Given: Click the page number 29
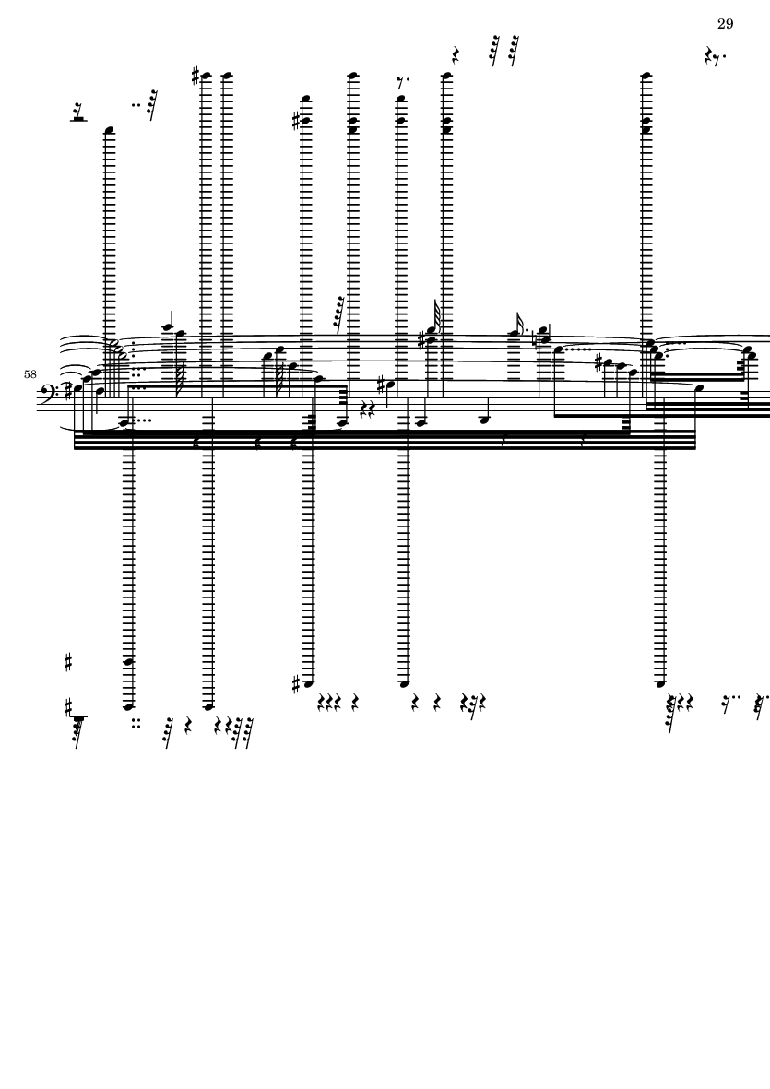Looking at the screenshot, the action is [725, 24].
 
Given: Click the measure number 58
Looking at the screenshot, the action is [30, 374].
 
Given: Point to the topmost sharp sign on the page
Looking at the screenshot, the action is [195, 76].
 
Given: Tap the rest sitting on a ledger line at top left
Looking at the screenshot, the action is [78, 112].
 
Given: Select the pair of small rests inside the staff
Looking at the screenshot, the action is [367, 407].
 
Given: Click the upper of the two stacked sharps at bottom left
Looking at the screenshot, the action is [68, 663].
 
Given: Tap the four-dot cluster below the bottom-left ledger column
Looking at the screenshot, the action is [136, 724].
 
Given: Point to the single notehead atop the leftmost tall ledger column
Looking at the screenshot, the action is [109, 131].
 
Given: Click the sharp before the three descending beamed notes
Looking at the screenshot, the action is [598, 362].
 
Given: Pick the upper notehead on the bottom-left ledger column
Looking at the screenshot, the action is [128, 662].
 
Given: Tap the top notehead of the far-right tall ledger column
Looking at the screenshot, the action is [646, 76].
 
